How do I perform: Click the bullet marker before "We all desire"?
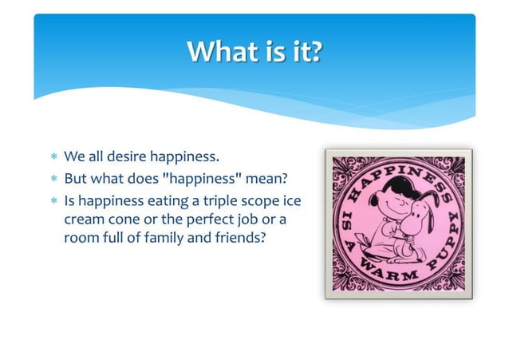(53, 155)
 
